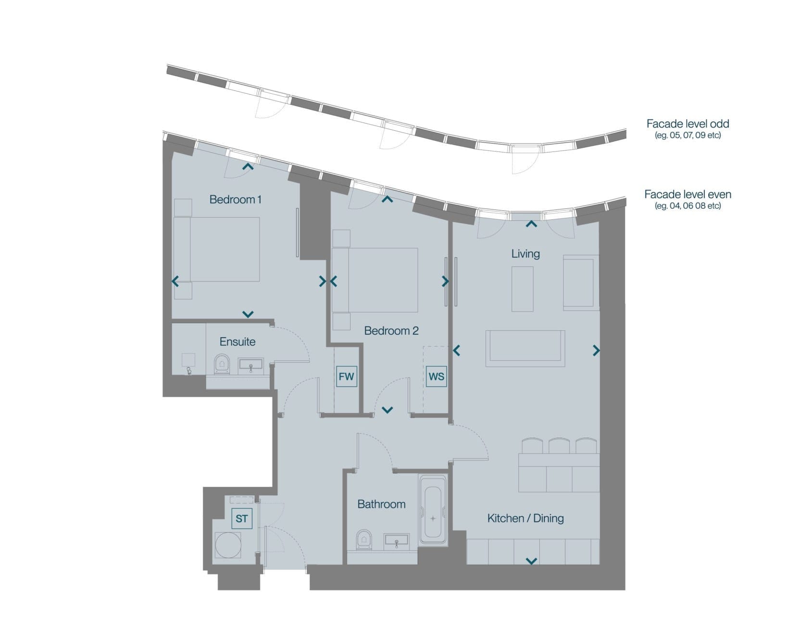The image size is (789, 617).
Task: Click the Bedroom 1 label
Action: [235, 200]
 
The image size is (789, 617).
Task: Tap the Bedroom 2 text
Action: [391, 330]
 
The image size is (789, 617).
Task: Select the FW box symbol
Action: [346, 377]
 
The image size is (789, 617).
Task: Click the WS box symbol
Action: [436, 377]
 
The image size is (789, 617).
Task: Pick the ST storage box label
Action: [242, 518]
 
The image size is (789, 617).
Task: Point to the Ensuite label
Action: [238, 342]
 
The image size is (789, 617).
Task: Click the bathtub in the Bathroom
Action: [433, 509]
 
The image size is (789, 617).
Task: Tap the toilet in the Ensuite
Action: [222, 364]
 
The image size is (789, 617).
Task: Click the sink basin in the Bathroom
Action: [397, 541]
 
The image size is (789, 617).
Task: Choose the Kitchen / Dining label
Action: [526, 518]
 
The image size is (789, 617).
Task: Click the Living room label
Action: [526, 253]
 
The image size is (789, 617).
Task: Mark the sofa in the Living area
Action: [525, 348]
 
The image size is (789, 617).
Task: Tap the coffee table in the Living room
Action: [523, 289]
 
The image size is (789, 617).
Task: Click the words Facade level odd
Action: [688, 124]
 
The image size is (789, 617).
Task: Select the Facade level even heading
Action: [688, 194]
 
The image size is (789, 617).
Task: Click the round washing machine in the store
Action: [228, 545]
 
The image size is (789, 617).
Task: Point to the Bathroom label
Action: [381, 504]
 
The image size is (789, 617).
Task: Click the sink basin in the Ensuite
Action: [250, 366]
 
